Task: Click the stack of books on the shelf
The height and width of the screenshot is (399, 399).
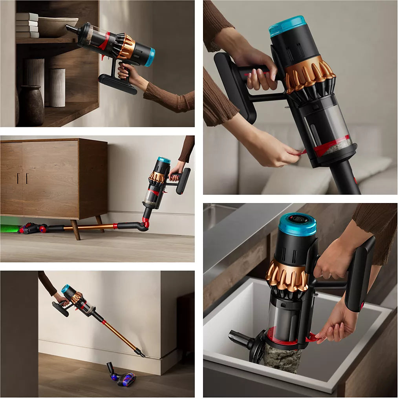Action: pyautogui.click(x=27, y=26)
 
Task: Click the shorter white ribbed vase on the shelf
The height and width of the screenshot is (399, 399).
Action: pyautogui.click(x=57, y=87)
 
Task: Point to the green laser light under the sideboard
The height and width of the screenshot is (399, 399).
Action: pyautogui.click(x=8, y=228)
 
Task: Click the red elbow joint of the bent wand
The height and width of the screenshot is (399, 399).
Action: pyautogui.click(x=146, y=223)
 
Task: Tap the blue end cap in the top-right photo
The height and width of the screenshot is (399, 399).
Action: pyautogui.click(x=288, y=26)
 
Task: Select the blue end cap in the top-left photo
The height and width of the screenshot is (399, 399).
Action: pyautogui.click(x=150, y=57)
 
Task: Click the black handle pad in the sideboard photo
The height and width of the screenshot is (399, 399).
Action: pyautogui.click(x=183, y=181)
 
